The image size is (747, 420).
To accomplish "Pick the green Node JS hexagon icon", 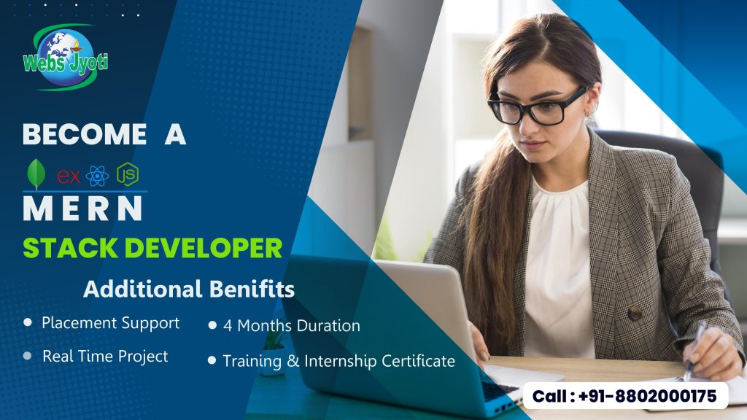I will coord(128,175).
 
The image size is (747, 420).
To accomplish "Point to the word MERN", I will coord(82,209).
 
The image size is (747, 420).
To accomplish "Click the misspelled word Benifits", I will coord(252,289).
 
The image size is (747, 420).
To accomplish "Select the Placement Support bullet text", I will coord(110,322).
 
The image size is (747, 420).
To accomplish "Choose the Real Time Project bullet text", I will coord(105,356).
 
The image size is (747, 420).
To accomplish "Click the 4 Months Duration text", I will coord(291,325).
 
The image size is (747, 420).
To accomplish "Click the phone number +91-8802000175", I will coord(643,397).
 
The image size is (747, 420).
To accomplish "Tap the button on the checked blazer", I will coord(635,313).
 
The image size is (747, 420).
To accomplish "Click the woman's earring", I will coord(588,115).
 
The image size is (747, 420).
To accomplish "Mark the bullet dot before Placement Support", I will coord(28,322).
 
